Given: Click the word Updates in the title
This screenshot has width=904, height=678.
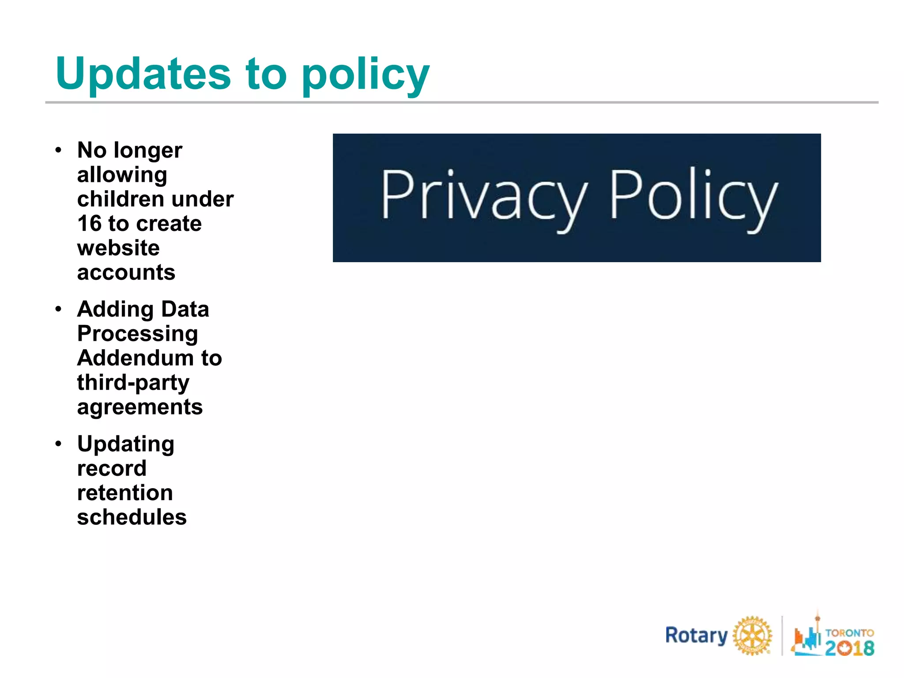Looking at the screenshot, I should (143, 74).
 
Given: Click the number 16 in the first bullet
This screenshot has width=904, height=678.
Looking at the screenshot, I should (90, 223).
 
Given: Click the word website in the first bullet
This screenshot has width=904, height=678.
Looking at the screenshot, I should (118, 248).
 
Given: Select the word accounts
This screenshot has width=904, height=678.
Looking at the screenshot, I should (126, 272).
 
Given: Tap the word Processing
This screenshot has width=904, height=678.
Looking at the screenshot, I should (137, 334).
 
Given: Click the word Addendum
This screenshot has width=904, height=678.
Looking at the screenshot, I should (135, 358).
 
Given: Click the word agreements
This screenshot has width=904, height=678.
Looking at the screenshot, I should (140, 407).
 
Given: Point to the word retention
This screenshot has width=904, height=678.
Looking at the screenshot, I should (125, 493).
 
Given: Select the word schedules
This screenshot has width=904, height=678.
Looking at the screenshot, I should (132, 517).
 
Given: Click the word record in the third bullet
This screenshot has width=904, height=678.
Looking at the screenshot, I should (112, 468).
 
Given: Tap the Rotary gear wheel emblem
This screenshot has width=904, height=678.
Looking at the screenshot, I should (753, 636).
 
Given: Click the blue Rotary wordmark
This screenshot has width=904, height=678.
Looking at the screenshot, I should (697, 636).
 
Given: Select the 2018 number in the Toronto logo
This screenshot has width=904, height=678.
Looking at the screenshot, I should (849, 648).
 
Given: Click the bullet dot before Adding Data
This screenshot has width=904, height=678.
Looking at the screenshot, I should (58, 309).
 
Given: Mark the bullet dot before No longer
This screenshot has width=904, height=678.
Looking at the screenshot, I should (58, 150).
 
